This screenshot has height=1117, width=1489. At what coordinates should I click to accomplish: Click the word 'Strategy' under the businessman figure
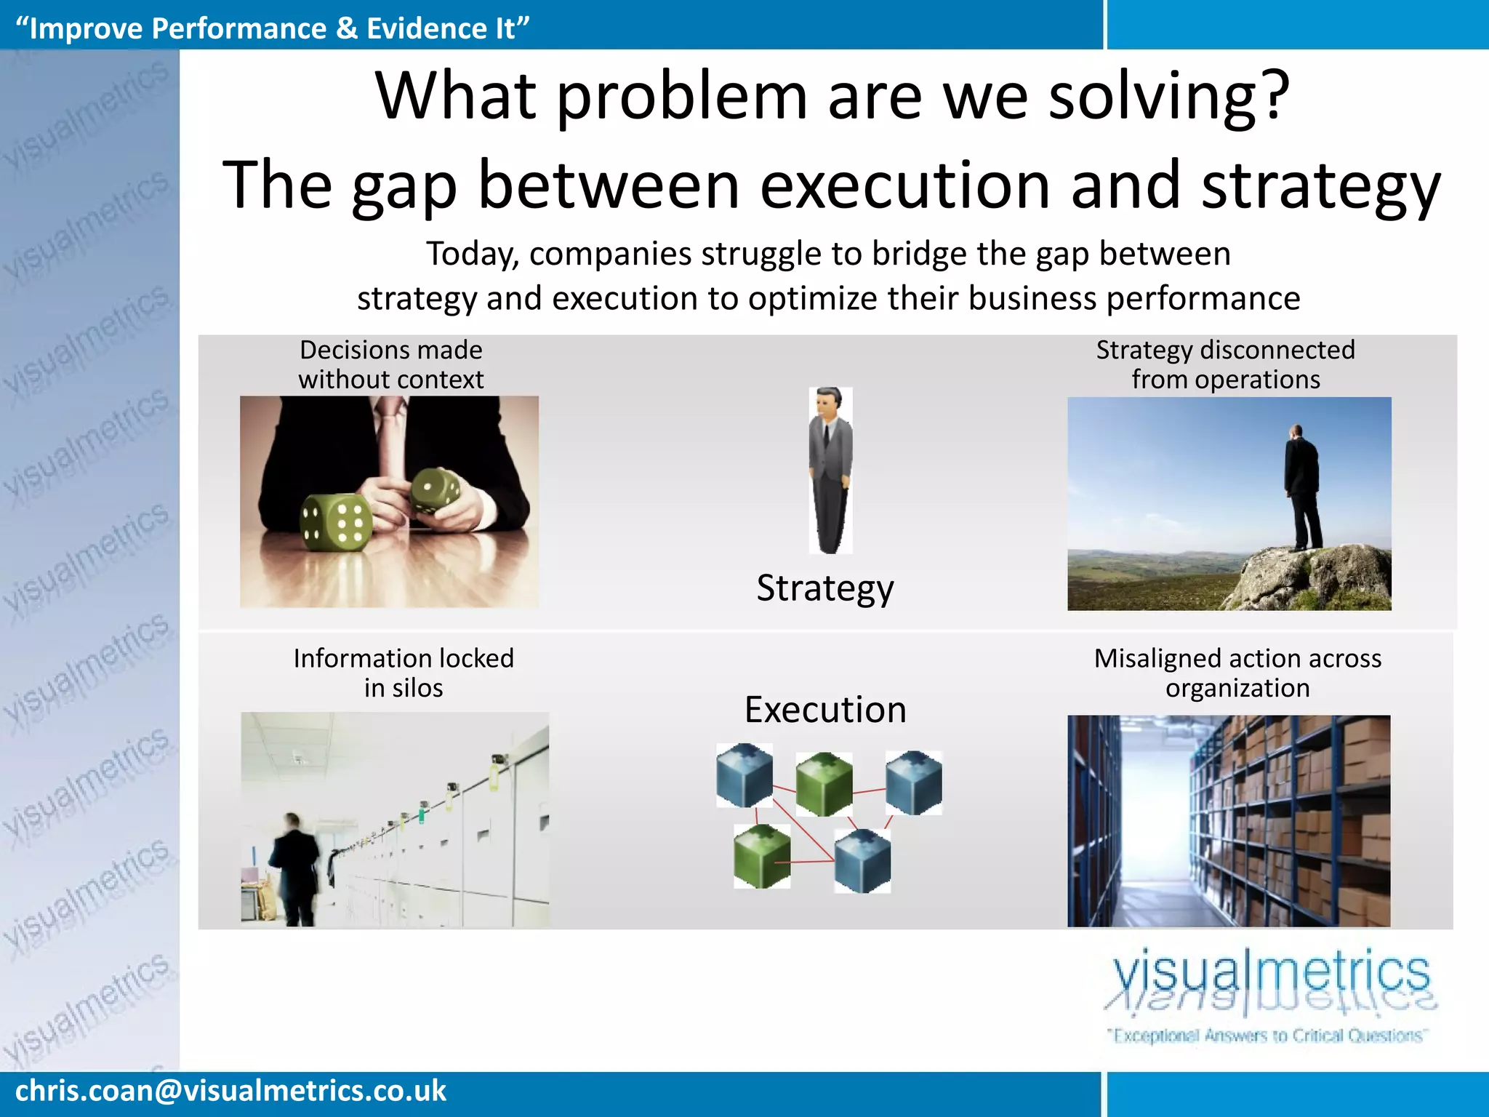(824, 588)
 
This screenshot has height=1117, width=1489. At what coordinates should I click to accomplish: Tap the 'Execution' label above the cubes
(825, 710)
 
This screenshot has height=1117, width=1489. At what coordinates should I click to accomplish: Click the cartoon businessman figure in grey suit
(830, 470)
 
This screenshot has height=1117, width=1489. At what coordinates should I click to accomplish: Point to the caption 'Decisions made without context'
(390, 365)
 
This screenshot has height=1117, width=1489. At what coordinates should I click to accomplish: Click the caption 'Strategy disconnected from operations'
(1226, 365)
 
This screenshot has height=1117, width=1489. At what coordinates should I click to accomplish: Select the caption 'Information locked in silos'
(404, 673)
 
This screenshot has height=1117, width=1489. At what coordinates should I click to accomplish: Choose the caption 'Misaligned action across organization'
(1237, 673)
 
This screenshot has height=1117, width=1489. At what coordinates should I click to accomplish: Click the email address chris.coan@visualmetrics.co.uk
(230, 1091)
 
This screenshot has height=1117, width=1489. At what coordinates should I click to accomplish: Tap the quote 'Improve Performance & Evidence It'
(272, 28)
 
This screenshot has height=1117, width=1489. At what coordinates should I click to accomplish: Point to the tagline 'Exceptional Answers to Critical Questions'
(1267, 1036)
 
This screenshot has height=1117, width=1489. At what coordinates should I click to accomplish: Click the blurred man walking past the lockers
(295, 869)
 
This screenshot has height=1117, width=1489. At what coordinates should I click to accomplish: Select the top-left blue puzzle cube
(744, 775)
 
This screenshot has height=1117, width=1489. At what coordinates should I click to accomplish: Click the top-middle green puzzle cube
(824, 784)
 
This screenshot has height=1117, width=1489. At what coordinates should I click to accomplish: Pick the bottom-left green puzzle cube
(761, 857)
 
